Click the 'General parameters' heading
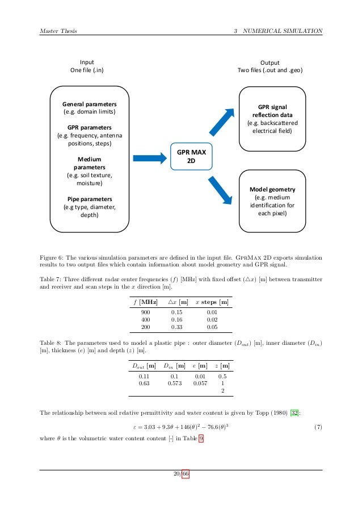90,105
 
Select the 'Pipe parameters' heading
90,199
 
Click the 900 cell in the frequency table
145,312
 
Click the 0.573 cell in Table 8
175,383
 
